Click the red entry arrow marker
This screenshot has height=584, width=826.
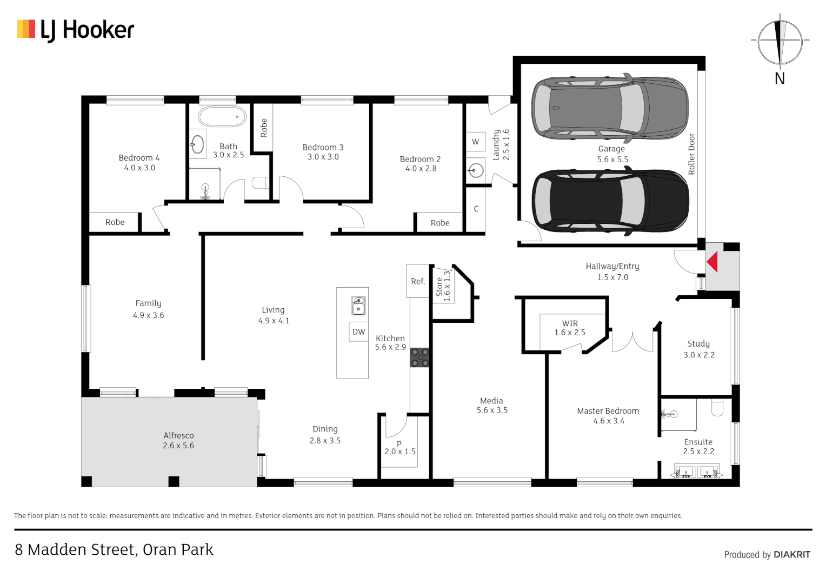[712, 262]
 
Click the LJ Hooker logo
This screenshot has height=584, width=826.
[76, 30]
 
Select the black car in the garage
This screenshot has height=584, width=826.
[610, 201]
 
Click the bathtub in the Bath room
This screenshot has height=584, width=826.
[222, 116]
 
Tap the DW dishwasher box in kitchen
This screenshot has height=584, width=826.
[358, 331]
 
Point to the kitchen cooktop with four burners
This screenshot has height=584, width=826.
[419, 357]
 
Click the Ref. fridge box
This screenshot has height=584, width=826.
[417, 281]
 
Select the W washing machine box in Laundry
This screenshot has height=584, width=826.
[475, 142]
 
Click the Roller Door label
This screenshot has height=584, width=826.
[691, 154]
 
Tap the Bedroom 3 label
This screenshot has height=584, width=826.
[323, 147]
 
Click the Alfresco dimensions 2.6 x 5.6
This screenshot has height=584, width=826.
[178, 446]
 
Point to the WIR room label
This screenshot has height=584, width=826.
[570, 323]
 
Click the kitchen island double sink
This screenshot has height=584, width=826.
[358, 306]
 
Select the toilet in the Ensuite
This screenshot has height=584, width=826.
[717, 407]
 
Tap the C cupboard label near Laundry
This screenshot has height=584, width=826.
[476, 209]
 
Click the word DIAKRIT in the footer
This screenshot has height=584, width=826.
[791, 554]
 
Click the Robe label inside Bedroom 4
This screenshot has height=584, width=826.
[115, 222]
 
